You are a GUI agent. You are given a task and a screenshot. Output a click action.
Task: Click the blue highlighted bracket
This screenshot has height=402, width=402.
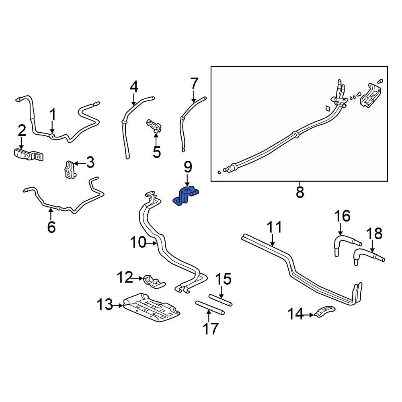click(x=186, y=196)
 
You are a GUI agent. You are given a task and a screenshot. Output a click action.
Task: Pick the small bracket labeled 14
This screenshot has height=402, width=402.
click(x=325, y=312)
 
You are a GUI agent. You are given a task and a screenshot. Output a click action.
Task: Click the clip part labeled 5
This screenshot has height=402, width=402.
click(x=155, y=126)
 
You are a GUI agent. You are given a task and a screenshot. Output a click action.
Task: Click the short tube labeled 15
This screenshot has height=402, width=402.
click(x=220, y=299)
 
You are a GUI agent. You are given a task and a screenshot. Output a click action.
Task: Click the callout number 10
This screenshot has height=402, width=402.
click(x=138, y=243)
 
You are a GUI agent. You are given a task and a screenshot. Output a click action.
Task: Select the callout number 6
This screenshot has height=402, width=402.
click(x=51, y=227)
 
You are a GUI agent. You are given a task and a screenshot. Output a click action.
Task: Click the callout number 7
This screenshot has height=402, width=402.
click(x=194, y=84)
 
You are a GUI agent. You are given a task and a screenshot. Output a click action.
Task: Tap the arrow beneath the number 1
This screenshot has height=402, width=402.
click(x=52, y=128)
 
